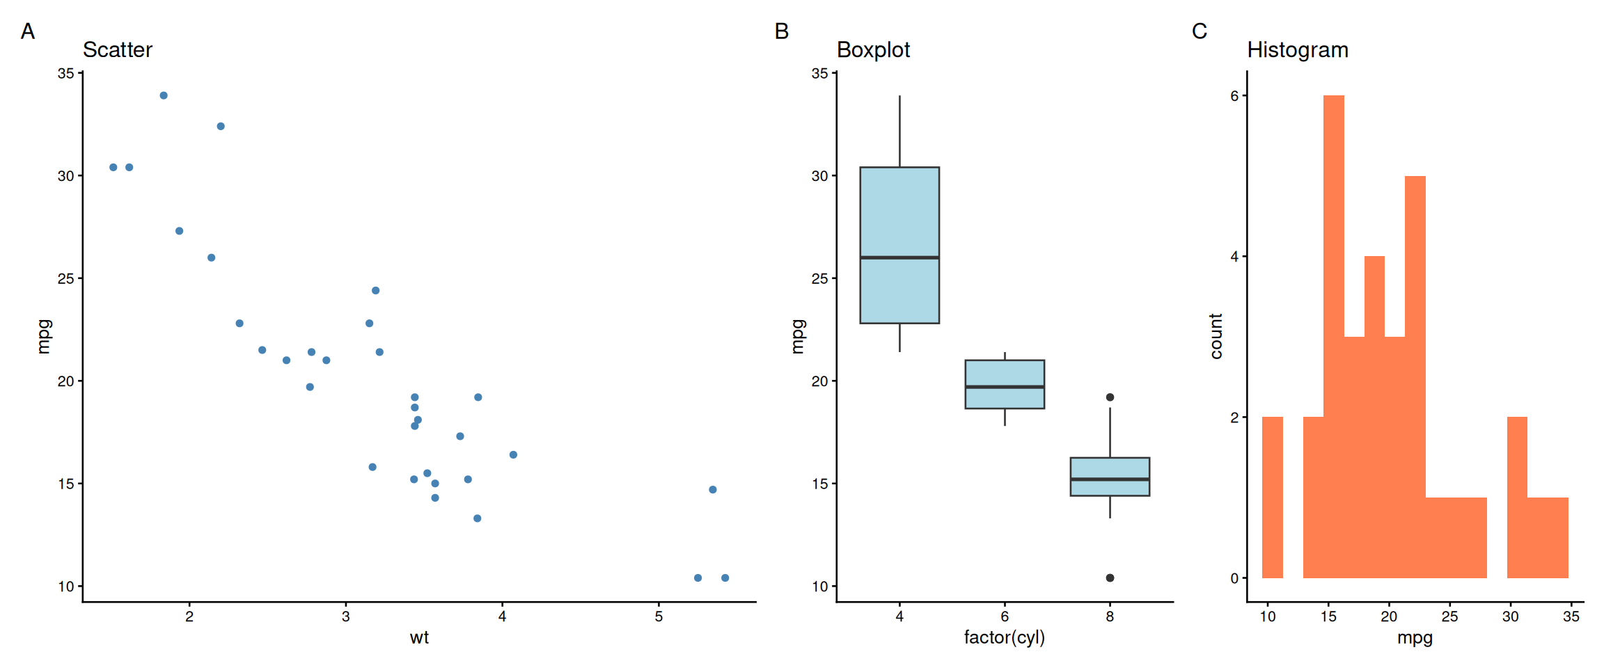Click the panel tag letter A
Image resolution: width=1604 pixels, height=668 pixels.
point(28,31)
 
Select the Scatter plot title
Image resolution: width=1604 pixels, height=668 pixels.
point(117,50)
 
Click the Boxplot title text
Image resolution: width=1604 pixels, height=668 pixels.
point(873,50)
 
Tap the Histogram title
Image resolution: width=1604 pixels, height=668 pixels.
point(1298,50)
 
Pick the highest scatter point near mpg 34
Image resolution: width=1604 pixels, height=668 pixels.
point(164,95)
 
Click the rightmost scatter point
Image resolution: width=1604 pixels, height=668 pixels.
point(725,578)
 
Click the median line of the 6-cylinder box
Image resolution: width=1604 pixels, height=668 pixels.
point(1005,387)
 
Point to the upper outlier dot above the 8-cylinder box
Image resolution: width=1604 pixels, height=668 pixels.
point(1110,397)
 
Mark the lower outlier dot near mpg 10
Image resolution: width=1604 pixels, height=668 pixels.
point(1110,578)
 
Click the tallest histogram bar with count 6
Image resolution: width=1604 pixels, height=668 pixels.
point(1333,334)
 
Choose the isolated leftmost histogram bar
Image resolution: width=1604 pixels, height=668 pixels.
point(1272,498)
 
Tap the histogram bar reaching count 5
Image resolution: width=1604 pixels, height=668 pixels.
point(1415,376)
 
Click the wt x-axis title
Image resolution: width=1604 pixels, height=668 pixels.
point(419,637)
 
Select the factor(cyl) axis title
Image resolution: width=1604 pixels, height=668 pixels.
point(1004,637)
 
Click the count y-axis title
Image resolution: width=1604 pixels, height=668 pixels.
point(1216,336)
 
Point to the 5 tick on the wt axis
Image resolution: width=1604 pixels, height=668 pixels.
point(659,617)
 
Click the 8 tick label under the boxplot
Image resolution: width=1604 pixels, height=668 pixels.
point(1110,617)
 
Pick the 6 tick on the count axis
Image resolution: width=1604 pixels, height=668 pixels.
point(1234,96)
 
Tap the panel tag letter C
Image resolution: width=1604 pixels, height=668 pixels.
point(1199,31)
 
